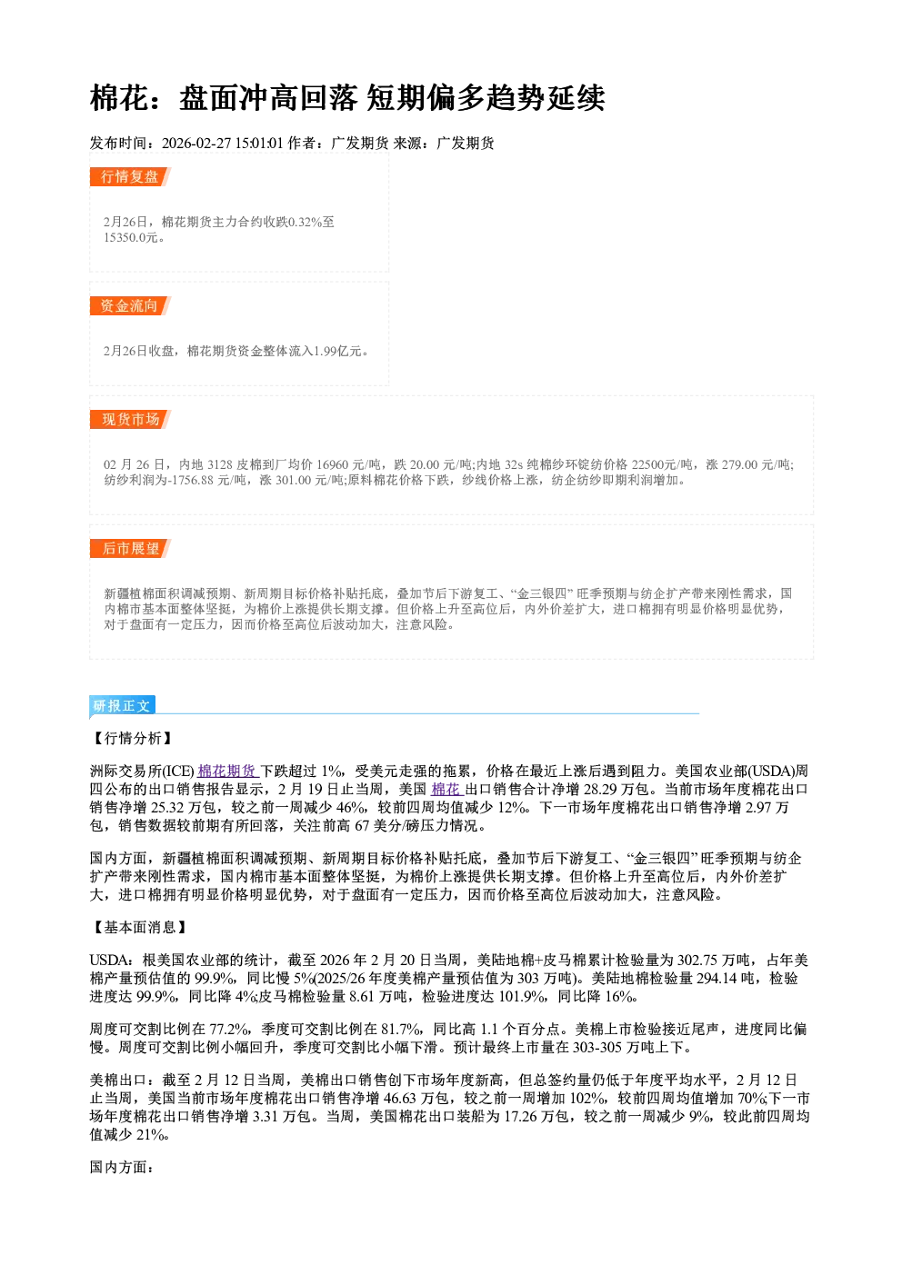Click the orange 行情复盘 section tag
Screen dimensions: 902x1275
point(130,176)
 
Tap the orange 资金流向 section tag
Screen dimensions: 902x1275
point(130,305)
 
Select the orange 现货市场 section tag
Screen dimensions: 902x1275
point(130,420)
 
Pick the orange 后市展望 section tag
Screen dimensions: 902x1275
point(130,549)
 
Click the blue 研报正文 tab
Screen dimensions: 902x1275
point(122,706)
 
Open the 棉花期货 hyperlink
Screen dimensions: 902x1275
point(228,772)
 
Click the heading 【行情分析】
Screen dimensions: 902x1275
point(132,739)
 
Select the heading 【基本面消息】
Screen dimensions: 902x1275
point(139,928)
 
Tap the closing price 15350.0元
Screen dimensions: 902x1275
point(130,237)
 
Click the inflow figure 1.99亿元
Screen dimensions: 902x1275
point(337,351)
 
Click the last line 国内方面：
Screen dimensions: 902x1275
point(123,1167)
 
